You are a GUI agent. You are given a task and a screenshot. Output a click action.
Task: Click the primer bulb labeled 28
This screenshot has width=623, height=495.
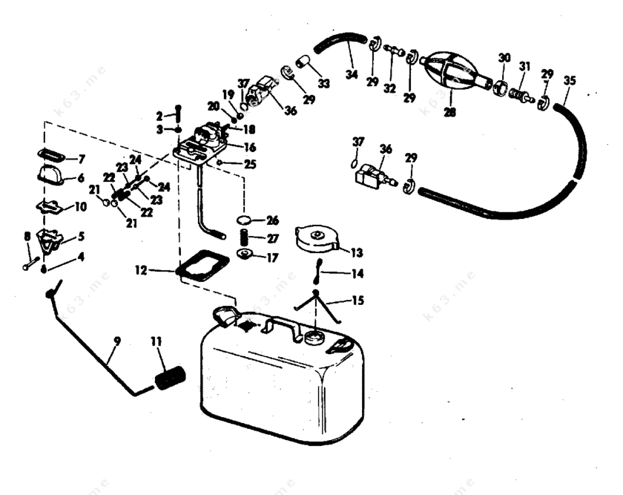[449, 72]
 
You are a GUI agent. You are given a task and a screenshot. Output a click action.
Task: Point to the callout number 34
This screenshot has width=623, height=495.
[352, 73]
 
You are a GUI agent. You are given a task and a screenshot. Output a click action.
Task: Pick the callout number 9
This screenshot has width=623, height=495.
[117, 342]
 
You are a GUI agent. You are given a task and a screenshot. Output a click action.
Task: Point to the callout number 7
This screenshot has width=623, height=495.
[82, 159]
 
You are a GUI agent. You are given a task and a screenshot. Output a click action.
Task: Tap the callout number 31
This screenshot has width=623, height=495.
[525, 66]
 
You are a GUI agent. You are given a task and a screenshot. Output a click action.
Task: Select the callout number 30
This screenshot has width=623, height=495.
[504, 57]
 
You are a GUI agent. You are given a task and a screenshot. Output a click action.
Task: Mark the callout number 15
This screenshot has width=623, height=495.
[358, 301]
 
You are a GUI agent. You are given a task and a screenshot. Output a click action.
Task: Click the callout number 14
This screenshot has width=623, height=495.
[357, 274]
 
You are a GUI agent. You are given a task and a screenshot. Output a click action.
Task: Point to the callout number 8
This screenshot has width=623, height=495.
[27, 237]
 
